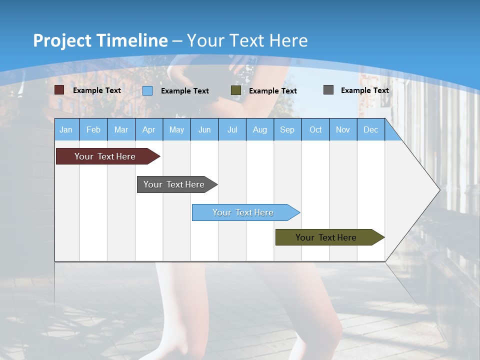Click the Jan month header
tap(66, 130)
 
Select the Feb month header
tap(93, 130)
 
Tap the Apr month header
tap(149, 130)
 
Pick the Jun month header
tap(204, 130)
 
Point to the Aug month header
tap(260, 130)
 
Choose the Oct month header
tap(315, 130)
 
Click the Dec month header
tap(371, 130)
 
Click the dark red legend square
tap(59, 90)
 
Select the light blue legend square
tap(147, 90)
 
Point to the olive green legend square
tap(236, 90)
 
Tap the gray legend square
tap(328, 90)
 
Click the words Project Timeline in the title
tap(100, 40)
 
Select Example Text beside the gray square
tap(364, 90)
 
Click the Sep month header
tap(287, 130)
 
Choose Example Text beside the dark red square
tap(97, 90)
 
